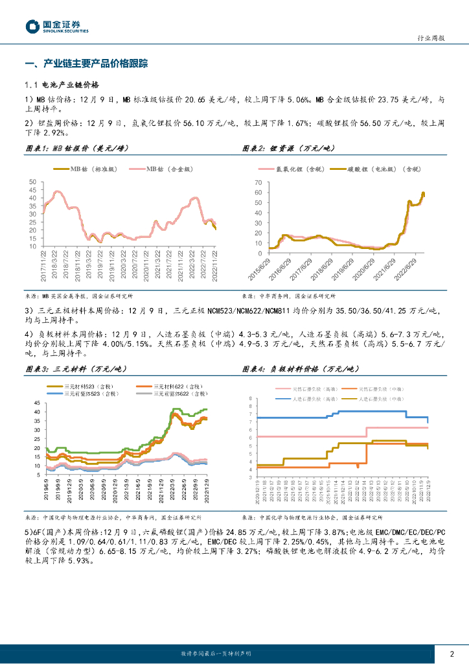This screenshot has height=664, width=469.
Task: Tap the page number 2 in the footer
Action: coord(452,654)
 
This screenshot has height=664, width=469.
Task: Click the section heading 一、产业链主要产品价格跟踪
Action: coord(86,64)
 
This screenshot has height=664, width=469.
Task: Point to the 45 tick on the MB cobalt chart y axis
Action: coord(33,193)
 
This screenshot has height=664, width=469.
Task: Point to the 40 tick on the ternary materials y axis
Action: coord(37,412)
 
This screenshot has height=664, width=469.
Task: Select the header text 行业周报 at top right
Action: coord(430,38)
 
